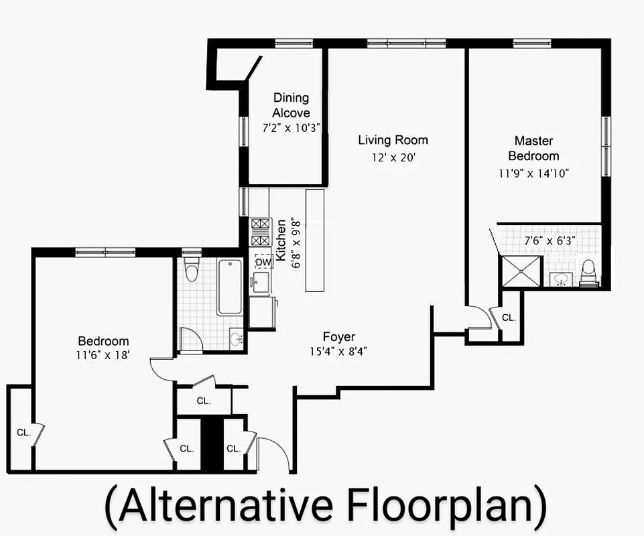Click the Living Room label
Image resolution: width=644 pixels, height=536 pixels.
click(x=393, y=140)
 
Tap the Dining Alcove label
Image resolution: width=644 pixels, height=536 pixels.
click(x=291, y=106)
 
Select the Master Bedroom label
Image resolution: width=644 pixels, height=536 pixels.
click(x=533, y=148)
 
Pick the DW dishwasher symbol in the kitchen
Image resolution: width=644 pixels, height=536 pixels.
click(x=263, y=263)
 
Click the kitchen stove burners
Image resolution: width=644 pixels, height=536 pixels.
click(x=260, y=231)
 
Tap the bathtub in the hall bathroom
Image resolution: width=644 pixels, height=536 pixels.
click(x=229, y=287)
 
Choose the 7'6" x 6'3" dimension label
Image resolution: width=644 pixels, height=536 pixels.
click(x=550, y=239)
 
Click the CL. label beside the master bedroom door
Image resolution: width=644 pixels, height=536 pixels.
click(x=509, y=318)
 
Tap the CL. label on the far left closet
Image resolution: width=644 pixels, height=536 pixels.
click(x=23, y=433)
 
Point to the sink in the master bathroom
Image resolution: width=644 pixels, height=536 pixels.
click(x=561, y=278)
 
